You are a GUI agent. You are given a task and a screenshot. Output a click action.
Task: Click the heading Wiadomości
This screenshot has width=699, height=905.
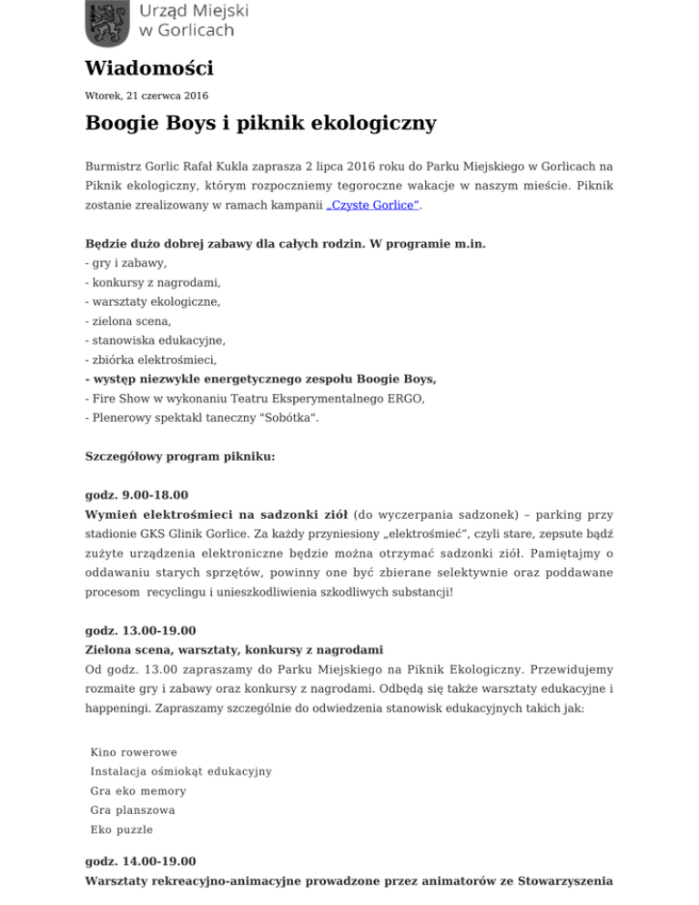point(149,68)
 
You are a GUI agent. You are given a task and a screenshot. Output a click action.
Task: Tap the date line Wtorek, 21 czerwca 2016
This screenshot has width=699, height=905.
point(140,94)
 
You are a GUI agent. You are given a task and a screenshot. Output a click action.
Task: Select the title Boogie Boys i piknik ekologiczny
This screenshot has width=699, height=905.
point(260,123)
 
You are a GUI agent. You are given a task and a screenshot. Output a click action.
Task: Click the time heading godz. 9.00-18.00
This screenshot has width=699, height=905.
point(137,494)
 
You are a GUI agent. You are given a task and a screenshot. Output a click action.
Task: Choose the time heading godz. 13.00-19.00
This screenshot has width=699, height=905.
point(139,629)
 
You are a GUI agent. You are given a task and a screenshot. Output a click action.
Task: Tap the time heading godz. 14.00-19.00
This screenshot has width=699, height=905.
point(139,860)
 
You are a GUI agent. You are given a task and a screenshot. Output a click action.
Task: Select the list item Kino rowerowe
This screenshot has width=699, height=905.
point(134,752)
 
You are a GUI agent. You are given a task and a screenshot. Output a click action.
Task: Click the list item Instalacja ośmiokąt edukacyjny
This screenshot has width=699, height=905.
point(181,771)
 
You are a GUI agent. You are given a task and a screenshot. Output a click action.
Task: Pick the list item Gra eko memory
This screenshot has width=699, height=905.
point(138,791)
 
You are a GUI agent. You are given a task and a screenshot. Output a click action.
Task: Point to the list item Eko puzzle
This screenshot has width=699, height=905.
point(122,829)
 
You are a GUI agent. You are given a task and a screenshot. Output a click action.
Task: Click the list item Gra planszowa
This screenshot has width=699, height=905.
point(133,810)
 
